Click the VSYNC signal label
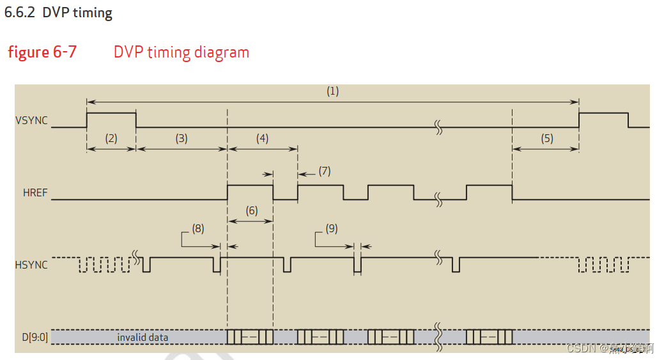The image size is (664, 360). [31, 120]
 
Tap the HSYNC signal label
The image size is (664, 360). [31, 265]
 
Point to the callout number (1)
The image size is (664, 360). [332, 91]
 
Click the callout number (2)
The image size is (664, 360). [111, 138]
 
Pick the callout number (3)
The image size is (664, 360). [181, 138]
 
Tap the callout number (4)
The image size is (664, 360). [263, 138]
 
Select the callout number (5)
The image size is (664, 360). [546, 138]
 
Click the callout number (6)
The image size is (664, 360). [251, 210]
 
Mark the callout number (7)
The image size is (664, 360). [325, 171]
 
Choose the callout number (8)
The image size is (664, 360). [198, 228]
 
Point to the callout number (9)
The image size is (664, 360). [332, 228]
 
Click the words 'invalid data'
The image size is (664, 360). [143, 337]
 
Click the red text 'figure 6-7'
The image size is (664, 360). [42, 52]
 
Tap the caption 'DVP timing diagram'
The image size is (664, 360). [181, 52]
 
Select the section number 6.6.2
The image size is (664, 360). [20, 13]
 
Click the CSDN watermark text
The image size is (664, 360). [582, 348]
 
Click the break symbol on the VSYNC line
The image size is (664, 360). [439, 127]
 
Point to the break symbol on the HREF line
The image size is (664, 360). [439, 200]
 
